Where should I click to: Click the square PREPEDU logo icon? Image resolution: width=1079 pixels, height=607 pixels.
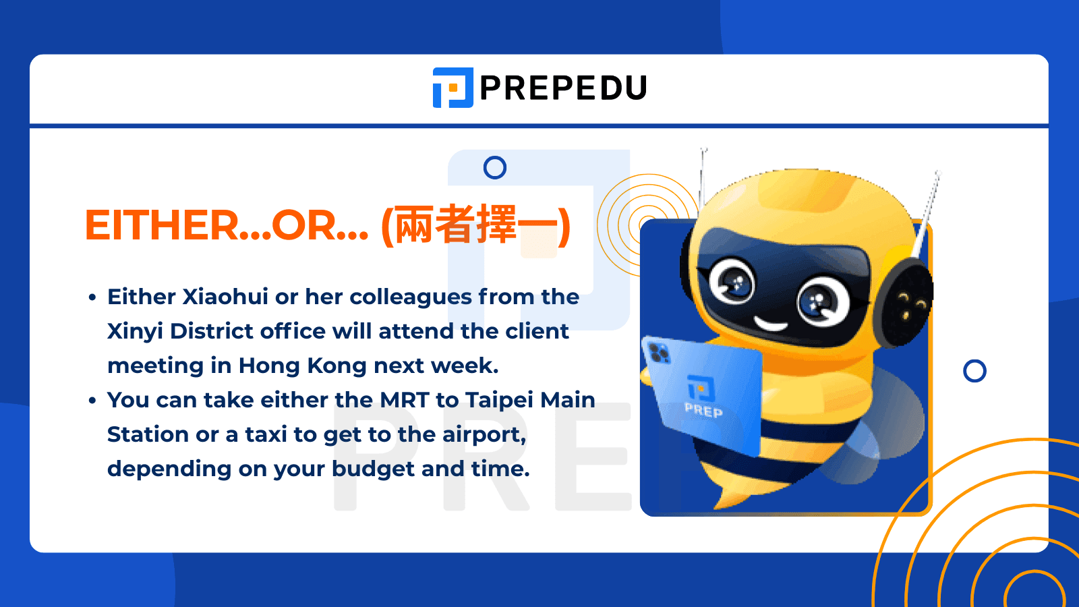pos(453,88)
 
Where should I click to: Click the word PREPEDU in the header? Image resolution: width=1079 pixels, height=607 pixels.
pos(563,88)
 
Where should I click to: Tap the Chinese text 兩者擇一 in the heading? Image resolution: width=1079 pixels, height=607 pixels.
pos(475,225)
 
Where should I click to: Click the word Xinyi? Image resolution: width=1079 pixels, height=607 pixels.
pos(135,332)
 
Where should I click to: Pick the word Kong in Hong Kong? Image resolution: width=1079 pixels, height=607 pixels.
pos(337,366)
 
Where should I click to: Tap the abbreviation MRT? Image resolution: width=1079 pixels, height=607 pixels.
pos(404,400)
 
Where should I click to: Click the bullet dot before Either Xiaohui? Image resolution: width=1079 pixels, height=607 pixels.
pos(92,297)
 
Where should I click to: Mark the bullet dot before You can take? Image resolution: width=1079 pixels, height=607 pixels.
pos(92,401)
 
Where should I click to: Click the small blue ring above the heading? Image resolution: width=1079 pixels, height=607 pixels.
pos(495,167)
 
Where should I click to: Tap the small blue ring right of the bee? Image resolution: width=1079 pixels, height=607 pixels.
pos(974,370)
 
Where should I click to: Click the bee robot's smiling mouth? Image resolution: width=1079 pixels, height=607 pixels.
pos(770,324)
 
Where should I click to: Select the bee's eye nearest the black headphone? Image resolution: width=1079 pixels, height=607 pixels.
pos(820,301)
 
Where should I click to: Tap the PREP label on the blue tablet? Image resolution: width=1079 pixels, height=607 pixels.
pos(703,409)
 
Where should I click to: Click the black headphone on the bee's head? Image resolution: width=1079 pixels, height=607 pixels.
pos(907,300)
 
